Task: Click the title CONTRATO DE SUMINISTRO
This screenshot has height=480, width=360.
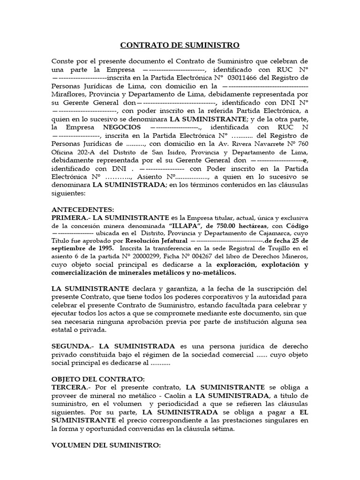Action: (180, 45)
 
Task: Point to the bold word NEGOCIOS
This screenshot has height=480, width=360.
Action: (120, 127)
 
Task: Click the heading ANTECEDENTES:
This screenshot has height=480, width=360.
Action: (82, 210)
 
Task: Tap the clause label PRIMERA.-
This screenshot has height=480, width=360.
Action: (70, 218)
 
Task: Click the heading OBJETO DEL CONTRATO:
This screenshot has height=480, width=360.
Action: (98, 379)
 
